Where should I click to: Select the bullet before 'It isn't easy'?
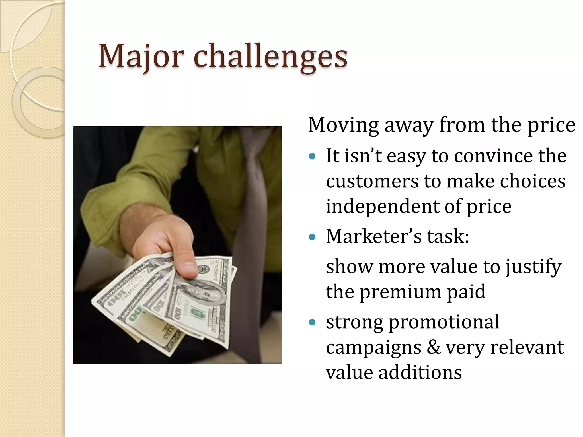(x=312, y=156)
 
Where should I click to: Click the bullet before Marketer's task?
(x=312, y=237)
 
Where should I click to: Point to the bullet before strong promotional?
(x=312, y=322)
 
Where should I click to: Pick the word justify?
(x=533, y=267)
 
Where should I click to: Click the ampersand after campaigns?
(x=433, y=347)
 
